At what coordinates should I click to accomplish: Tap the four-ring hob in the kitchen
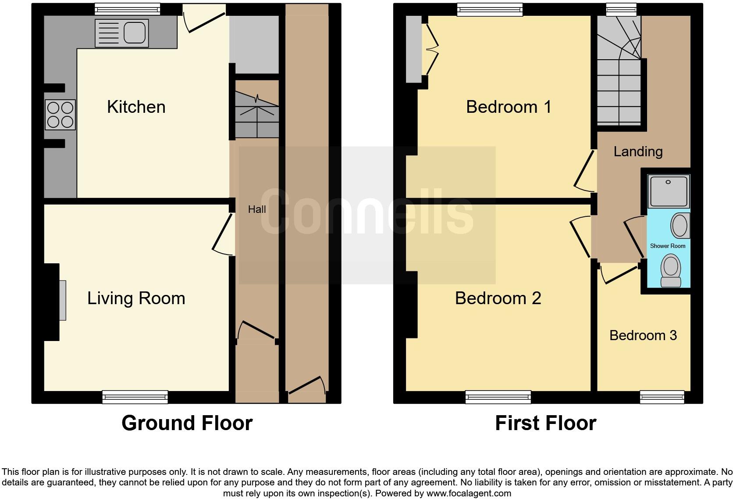(60, 115)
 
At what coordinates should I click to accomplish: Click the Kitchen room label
(136, 107)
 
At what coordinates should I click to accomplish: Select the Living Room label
(136, 298)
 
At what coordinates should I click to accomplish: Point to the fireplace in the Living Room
(62, 301)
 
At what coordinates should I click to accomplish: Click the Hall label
(257, 209)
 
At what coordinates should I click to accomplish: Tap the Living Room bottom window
(135, 397)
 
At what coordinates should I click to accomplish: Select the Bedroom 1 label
(509, 107)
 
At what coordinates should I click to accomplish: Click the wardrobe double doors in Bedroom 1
(432, 49)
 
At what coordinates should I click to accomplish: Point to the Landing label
(638, 152)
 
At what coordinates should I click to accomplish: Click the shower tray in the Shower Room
(669, 191)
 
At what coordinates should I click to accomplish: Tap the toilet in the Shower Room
(670, 271)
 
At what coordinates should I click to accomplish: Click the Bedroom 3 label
(643, 336)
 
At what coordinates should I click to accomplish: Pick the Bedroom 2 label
(498, 298)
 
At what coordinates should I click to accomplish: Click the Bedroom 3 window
(662, 397)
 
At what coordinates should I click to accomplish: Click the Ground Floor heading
(187, 424)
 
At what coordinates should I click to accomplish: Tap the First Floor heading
(545, 424)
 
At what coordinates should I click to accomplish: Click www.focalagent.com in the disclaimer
(469, 493)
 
